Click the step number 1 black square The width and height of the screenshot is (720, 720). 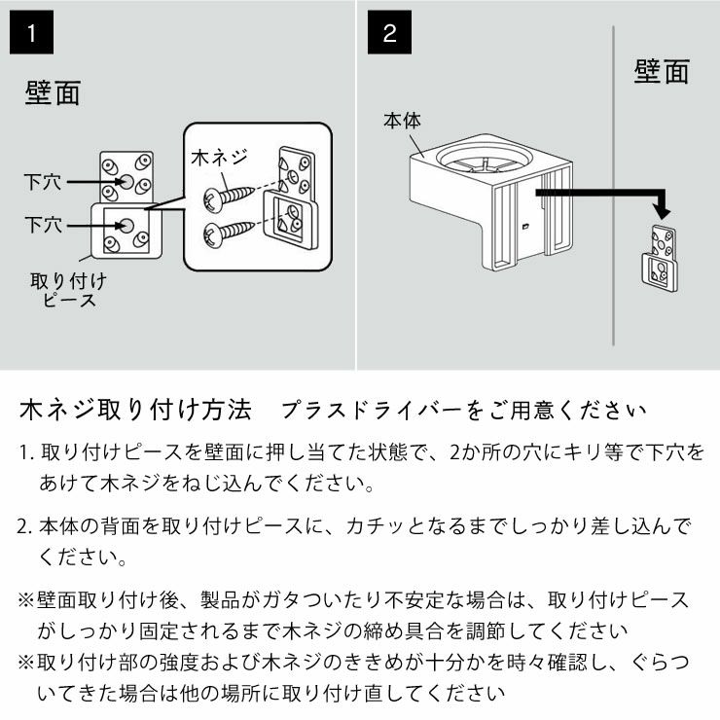[x=32, y=33]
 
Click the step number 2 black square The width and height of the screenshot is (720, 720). [x=390, y=33]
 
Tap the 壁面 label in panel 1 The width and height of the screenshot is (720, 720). [x=53, y=94]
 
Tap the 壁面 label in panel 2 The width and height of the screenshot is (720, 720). [x=662, y=72]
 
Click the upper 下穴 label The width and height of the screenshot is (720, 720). [x=44, y=182]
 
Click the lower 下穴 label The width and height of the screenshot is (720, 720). [x=44, y=225]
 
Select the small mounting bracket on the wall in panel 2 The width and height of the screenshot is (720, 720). [x=662, y=257]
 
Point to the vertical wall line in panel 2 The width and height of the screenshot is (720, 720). [x=613, y=195]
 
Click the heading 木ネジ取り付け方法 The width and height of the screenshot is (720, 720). [x=135, y=409]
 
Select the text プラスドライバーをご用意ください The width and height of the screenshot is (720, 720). [x=463, y=410]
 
